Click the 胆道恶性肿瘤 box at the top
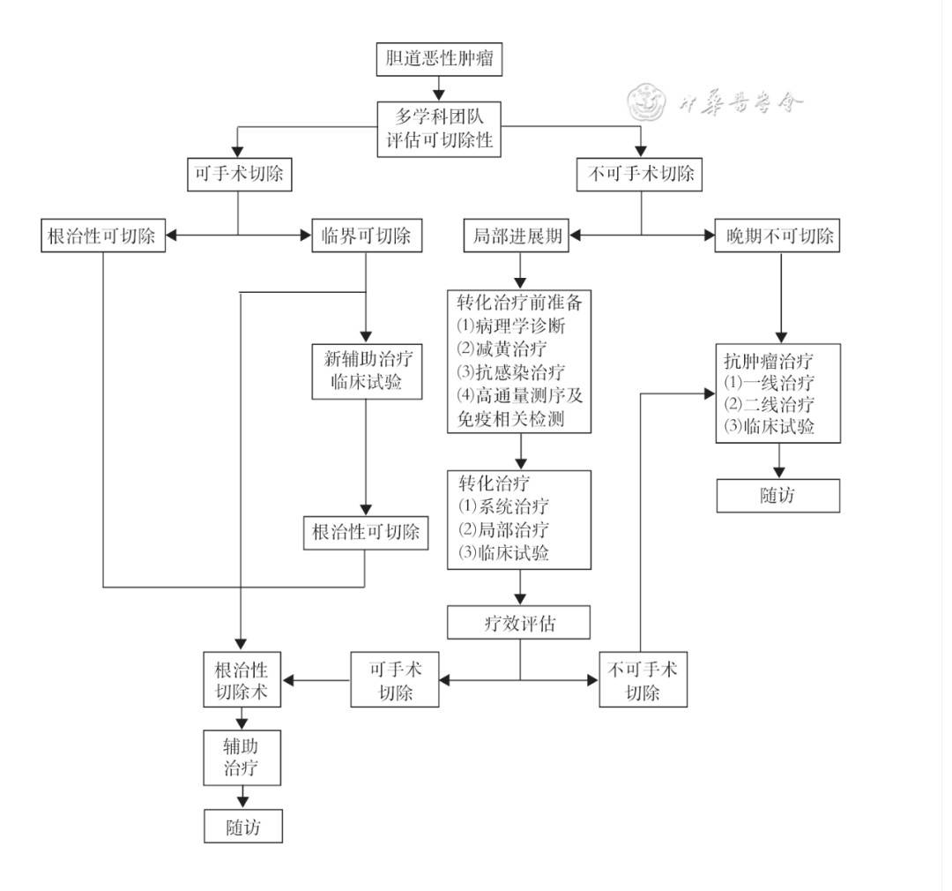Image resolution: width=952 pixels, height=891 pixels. (x=439, y=59)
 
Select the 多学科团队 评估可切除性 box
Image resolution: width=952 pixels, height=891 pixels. (x=439, y=129)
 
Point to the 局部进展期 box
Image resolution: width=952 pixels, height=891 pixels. (x=517, y=236)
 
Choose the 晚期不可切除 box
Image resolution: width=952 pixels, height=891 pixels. (x=777, y=236)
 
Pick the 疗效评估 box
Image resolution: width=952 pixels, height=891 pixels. (x=519, y=623)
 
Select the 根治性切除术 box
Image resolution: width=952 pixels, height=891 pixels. (x=242, y=679)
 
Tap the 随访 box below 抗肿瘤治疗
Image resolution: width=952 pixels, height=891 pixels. (x=777, y=495)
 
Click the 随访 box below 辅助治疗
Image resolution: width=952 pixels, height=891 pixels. (x=243, y=827)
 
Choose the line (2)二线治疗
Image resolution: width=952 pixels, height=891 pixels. (x=769, y=405)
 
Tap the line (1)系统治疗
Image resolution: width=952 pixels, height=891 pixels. (x=503, y=506)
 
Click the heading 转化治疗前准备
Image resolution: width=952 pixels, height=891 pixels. (x=519, y=303)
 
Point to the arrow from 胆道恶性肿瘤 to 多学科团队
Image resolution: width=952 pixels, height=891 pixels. (x=439, y=88)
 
